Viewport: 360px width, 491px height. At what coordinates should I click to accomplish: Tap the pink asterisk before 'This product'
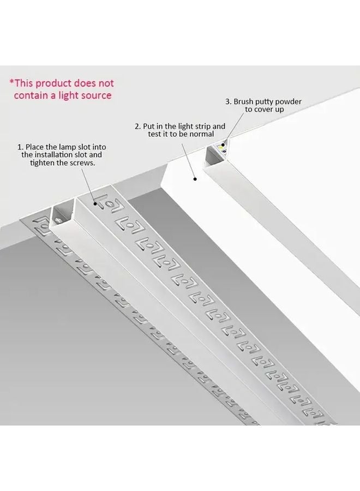coord(11,83)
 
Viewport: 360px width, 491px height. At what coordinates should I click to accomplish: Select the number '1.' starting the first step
coord(21,147)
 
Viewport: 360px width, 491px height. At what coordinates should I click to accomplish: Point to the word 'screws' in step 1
coord(81,163)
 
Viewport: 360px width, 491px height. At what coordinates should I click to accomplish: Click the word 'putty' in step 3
coord(260,101)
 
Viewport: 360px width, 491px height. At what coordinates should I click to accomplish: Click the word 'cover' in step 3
coord(261,109)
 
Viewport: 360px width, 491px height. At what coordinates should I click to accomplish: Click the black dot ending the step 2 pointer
coord(194,177)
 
